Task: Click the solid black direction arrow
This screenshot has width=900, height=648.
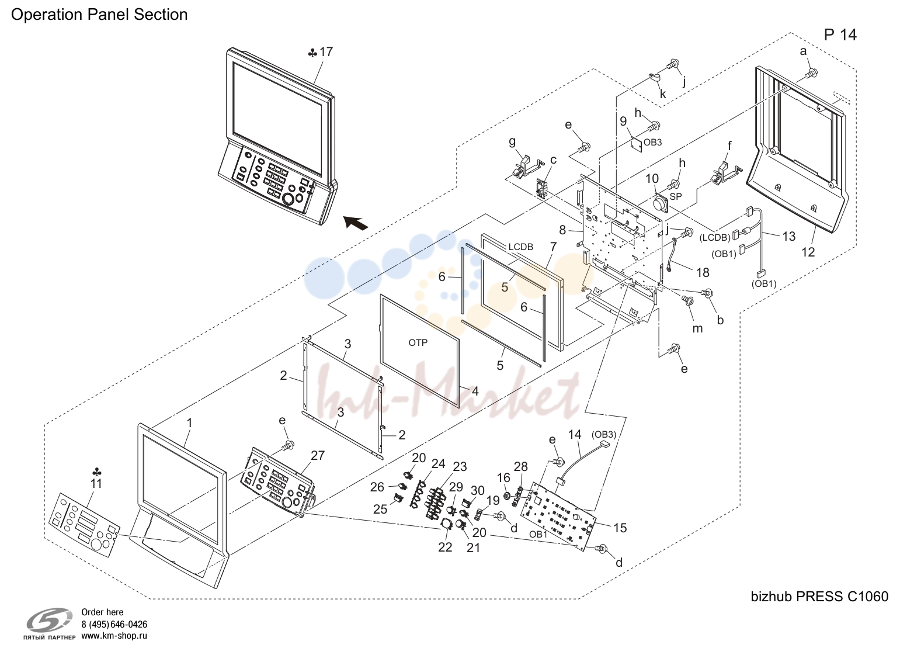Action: click(x=356, y=222)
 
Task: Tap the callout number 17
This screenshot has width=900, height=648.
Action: click(x=326, y=52)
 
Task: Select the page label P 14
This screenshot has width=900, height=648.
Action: click(x=840, y=35)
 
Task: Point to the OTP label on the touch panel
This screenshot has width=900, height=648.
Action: click(x=418, y=342)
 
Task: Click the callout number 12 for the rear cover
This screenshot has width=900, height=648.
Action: click(x=808, y=252)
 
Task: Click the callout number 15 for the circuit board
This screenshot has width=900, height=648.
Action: click(x=620, y=528)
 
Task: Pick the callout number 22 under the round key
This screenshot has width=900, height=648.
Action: click(x=445, y=547)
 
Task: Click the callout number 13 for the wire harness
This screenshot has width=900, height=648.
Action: click(x=788, y=237)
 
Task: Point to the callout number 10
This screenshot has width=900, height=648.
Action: click(x=652, y=178)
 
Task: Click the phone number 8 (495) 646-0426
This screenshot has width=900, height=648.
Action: click(x=114, y=624)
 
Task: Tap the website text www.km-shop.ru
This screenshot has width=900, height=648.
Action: click(x=114, y=636)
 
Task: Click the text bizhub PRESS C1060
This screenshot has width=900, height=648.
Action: click(x=819, y=596)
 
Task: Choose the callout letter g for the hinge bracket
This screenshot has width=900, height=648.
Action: click(x=512, y=142)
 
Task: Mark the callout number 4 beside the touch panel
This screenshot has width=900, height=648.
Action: click(x=475, y=391)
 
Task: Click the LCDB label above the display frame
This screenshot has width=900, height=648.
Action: click(x=521, y=247)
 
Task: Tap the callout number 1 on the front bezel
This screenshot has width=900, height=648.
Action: click(x=190, y=423)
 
